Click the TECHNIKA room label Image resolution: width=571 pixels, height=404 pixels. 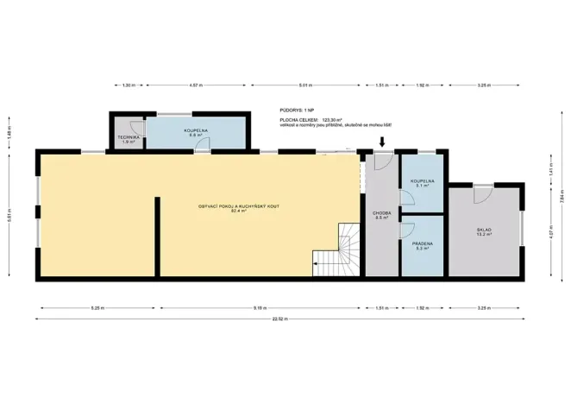[x=127, y=138]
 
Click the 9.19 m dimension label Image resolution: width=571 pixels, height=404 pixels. [x=260, y=307]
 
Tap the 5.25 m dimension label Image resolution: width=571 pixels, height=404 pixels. [x=96, y=307]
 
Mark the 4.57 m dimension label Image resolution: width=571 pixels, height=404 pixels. [x=196, y=85]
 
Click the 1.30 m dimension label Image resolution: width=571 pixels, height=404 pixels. [x=128, y=85]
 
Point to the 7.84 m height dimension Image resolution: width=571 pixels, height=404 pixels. [x=561, y=197]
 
